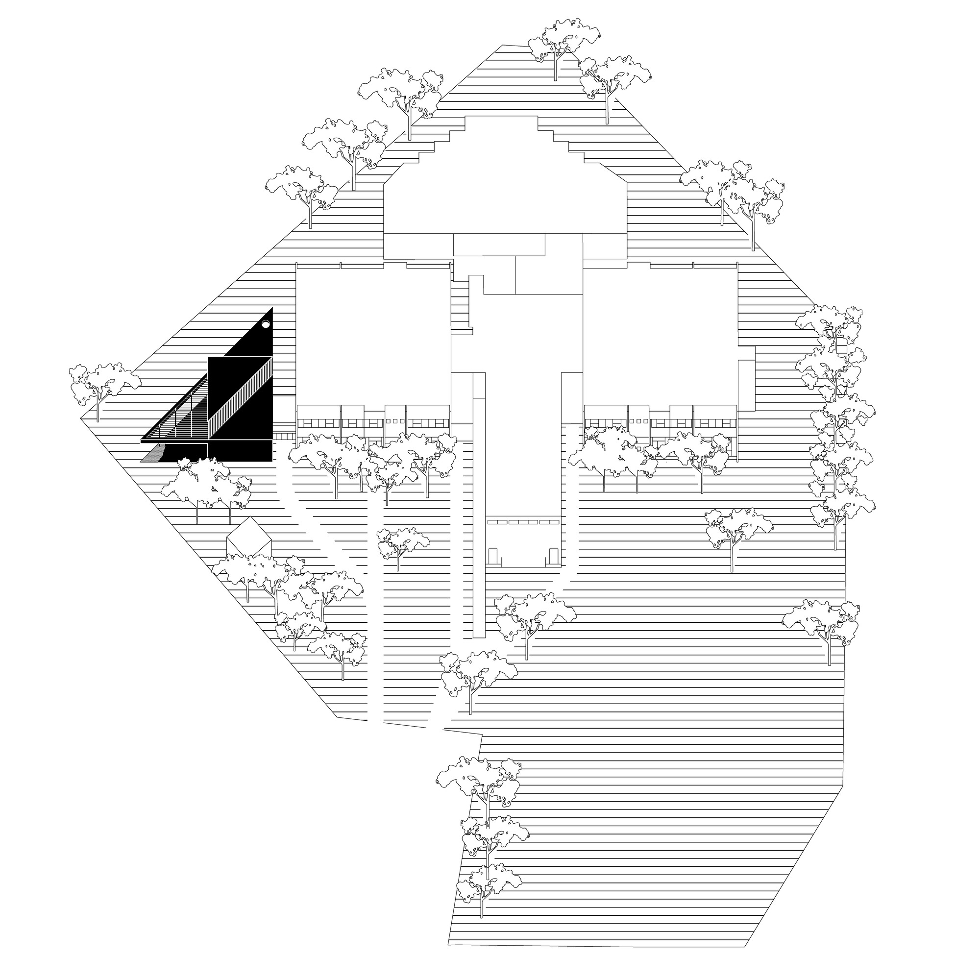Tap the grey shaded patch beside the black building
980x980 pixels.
click(152, 455)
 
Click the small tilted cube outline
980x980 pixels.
click(249, 539)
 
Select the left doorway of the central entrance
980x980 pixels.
click(493, 557)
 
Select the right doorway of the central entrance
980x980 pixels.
click(553, 557)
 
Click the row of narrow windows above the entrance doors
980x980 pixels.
click(522, 521)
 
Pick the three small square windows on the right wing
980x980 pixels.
click(637, 421)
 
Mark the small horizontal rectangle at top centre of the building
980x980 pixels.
click(499, 245)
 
